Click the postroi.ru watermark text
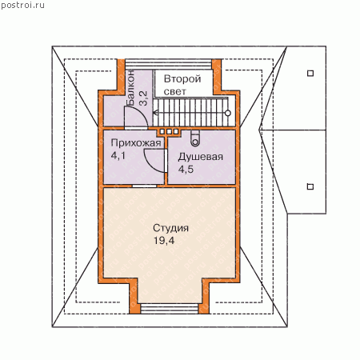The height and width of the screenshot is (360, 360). pyautogui.click(x=22, y=6)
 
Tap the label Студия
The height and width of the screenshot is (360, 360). pyautogui.click(x=170, y=228)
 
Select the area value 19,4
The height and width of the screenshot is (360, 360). pyautogui.click(x=164, y=241)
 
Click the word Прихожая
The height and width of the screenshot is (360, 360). pyautogui.click(x=136, y=143)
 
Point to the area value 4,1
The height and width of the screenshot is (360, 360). pyautogui.click(x=118, y=155)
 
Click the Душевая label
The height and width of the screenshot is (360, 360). pyautogui.click(x=200, y=157)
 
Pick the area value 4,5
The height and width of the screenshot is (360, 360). pyautogui.click(x=186, y=169)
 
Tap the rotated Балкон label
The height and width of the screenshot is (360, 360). pyautogui.click(x=130, y=88)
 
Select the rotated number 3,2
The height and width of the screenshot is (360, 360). pyautogui.click(x=143, y=98)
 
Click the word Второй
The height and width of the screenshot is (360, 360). pyautogui.click(x=182, y=79)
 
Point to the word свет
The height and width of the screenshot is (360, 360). pyautogui.click(x=175, y=91)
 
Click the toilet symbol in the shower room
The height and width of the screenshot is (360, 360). pyautogui.click(x=195, y=138)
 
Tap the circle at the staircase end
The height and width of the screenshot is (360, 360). pyautogui.click(x=228, y=113)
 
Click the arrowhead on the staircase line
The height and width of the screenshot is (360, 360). pyautogui.click(x=156, y=113)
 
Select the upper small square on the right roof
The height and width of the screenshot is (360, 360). pyautogui.click(x=310, y=73)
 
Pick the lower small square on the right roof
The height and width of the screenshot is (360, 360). pyautogui.click(x=310, y=186)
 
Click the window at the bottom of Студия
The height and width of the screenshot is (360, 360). pyautogui.click(x=170, y=309)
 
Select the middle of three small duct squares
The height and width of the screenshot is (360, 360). pyautogui.click(x=169, y=131)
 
